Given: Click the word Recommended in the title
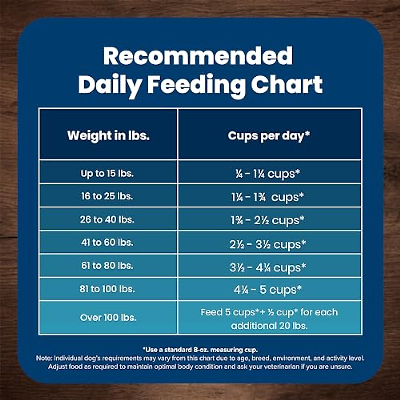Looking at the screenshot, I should click(198, 56).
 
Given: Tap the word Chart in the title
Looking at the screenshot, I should click(287, 85).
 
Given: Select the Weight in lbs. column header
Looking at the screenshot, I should click(108, 136).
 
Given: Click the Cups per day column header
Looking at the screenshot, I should click(269, 136).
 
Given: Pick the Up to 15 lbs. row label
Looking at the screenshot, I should click(107, 173).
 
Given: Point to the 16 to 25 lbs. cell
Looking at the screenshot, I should click(107, 196).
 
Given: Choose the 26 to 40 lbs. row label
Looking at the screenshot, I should click(107, 219).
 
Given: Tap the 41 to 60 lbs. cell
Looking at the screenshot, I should click(107, 242).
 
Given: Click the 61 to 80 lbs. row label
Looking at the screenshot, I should click(107, 266).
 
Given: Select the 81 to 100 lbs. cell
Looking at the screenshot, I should click(107, 289).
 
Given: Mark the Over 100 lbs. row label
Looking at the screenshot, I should click(108, 317).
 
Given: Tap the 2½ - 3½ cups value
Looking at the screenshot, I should click(268, 245).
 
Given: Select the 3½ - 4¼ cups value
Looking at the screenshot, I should click(268, 268).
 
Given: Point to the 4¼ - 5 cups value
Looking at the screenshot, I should click(268, 290).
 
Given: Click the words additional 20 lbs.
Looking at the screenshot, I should click(269, 326).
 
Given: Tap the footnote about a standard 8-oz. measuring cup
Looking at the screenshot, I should click(200, 350).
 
